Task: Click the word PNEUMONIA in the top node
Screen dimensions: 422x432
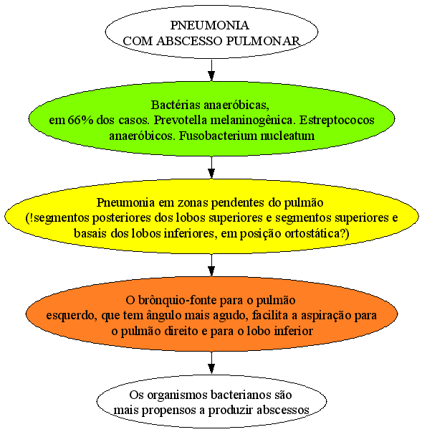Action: click(210, 25)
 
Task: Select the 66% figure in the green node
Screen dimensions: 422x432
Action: click(80, 121)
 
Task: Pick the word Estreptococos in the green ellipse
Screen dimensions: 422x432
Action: click(337, 121)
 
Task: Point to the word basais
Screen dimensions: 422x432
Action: click(90, 233)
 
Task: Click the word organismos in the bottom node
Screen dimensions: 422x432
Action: click(178, 395)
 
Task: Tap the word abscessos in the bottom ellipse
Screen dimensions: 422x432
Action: click(283, 410)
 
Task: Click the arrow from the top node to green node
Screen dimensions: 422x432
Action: click(211, 70)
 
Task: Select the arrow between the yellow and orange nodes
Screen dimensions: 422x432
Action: click(211, 265)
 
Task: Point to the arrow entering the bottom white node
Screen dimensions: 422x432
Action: click(211, 363)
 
